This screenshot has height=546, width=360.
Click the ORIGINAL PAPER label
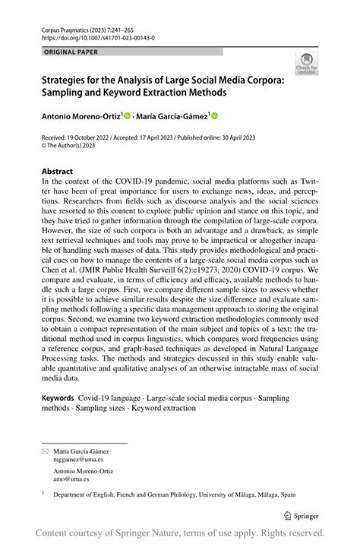[x=71, y=52]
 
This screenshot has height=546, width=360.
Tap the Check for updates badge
[x=306, y=63]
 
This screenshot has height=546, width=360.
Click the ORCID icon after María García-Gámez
[x=214, y=116]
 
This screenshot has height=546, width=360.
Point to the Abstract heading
[x=58, y=172]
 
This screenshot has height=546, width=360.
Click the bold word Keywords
[x=58, y=398]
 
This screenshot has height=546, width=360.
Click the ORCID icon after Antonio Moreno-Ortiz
[x=127, y=116]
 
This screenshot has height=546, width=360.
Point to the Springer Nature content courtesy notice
[x=180, y=533]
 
